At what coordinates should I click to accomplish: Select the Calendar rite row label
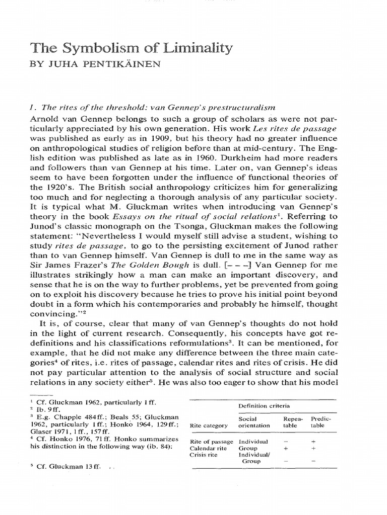point(208,448)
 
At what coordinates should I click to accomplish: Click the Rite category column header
point(210,425)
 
